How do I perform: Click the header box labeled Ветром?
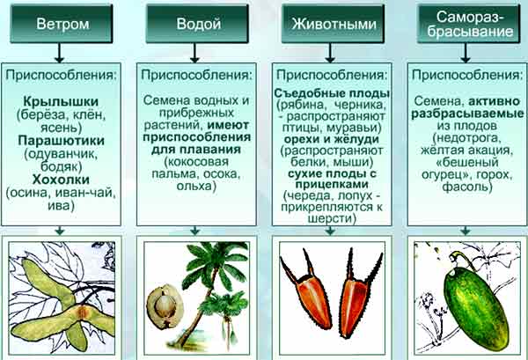(x=62, y=24)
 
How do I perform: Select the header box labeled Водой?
(x=197, y=24)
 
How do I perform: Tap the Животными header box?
(x=333, y=24)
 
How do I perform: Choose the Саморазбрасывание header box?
(x=469, y=24)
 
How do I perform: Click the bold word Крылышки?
(x=61, y=101)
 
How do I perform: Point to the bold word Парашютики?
(x=62, y=141)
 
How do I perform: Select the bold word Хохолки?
(x=61, y=180)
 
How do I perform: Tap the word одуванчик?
(x=62, y=154)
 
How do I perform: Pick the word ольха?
(x=195, y=186)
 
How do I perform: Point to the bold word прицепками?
(x=332, y=185)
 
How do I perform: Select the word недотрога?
(x=468, y=137)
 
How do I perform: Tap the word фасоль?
(x=466, y=187)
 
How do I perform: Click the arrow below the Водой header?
(x=194, y=53)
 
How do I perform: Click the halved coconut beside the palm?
(x=165, y=306)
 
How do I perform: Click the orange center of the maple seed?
(x=82, y=312)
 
